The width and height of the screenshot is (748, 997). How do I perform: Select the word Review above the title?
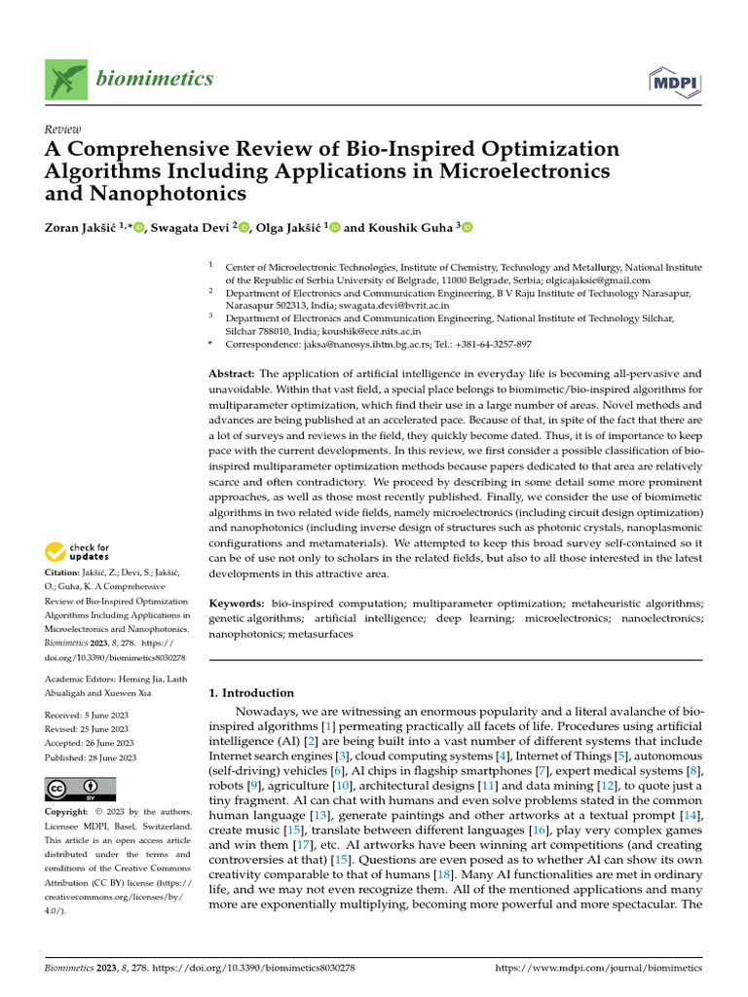coord(63,129)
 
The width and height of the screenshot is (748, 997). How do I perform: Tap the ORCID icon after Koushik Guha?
coord(467,227)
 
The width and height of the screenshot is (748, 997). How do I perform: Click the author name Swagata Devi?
coord(189,227)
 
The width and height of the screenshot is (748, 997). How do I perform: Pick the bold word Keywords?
coord(237,604)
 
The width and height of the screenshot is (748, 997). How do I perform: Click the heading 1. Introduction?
coord(251,692)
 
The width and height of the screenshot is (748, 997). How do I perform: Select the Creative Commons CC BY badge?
coord(80,788)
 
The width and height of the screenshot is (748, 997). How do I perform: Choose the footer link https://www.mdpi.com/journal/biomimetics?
coord(598,968)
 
